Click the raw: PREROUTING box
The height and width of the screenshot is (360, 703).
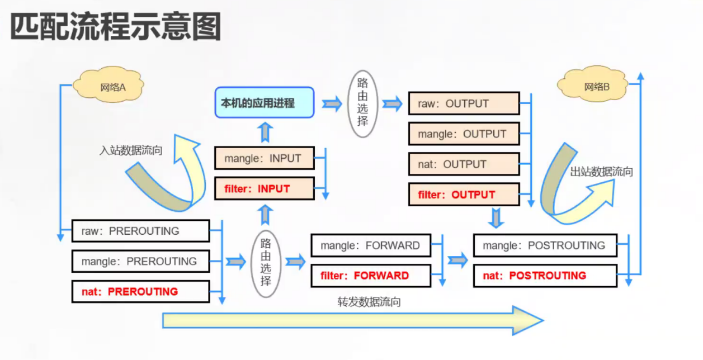(140, 231)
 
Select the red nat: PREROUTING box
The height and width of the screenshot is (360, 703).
(140, 291)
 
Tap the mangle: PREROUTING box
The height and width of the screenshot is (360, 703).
(140, 261)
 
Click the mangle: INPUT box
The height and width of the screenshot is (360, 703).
(264, 158)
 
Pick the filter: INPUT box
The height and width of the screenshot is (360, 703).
(264, 188)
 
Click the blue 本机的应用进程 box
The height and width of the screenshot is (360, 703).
(264, 103)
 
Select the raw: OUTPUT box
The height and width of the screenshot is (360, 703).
(464, 103)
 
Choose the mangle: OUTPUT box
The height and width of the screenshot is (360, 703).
(464, 134)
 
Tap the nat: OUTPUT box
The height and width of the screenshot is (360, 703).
(464, 164)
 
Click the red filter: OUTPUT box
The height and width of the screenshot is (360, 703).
(464, 195)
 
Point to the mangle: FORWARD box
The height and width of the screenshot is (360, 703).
(371, 245)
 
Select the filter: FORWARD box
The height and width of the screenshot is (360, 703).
(371, 276)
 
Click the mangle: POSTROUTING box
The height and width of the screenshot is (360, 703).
(545, 245)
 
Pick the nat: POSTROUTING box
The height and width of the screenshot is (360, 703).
(545, 276)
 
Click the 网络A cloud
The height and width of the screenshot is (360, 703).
(112, 87)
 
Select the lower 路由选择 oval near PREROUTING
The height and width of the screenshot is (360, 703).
(266, 260)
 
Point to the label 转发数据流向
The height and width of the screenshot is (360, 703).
(369, 302)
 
